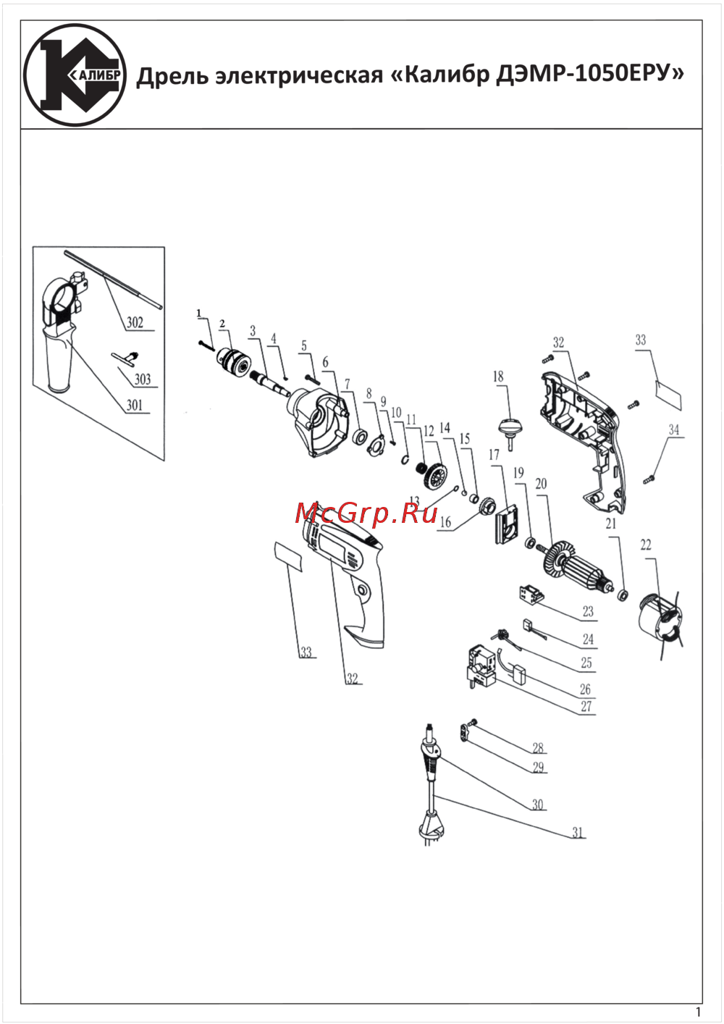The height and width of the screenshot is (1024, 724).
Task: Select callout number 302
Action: [135, 322]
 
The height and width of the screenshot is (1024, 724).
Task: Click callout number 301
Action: [135, 405]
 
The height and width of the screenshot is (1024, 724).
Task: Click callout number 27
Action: [586, 706]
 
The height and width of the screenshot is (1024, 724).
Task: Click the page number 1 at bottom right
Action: [697, 1012]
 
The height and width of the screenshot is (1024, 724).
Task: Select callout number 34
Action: [674, 429]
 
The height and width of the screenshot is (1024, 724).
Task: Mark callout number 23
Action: [588, 610]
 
